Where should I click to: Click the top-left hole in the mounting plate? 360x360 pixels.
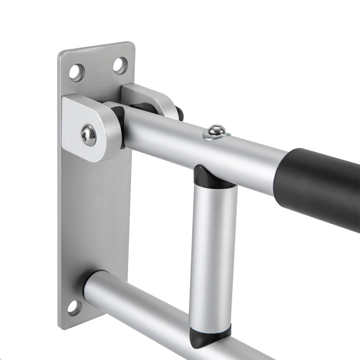point(76,72)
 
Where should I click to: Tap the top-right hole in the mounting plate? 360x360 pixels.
point(120,66)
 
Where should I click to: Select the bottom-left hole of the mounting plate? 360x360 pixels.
point(74,307)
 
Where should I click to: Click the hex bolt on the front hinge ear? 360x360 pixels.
point(88,135)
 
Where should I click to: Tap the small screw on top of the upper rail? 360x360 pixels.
point(216,131)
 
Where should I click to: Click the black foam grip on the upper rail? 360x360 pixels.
point(319,184)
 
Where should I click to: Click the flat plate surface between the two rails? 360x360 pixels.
point(94,216)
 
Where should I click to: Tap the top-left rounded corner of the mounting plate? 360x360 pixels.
point(62,55)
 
